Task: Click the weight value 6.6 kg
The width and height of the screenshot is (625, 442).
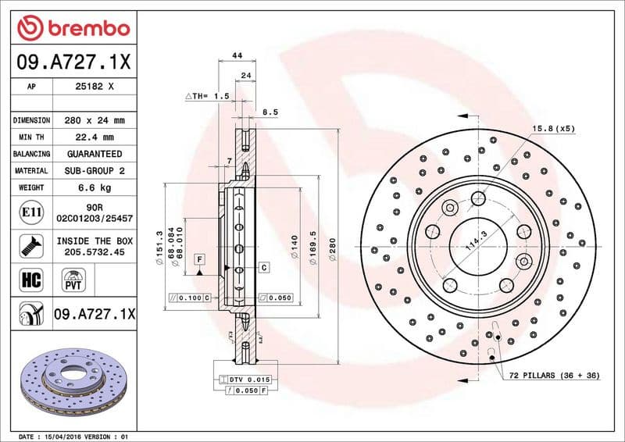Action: (x=93, y=187)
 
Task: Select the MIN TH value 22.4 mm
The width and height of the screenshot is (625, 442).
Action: (x=93, y=137)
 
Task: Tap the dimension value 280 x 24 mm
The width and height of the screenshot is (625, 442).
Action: (x=94, y=121)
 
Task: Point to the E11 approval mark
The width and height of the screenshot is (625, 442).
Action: (x=29, y=212)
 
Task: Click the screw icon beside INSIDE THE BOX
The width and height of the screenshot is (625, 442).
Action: (x=29, y=245)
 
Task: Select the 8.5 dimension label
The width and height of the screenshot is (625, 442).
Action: (x=270, y=112)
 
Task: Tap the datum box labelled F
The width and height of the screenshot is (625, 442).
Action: (x=200, y=258)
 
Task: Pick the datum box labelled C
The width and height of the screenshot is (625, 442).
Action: (x=264, y=268)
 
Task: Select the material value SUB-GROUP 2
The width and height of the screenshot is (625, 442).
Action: (x=93, y=170)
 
